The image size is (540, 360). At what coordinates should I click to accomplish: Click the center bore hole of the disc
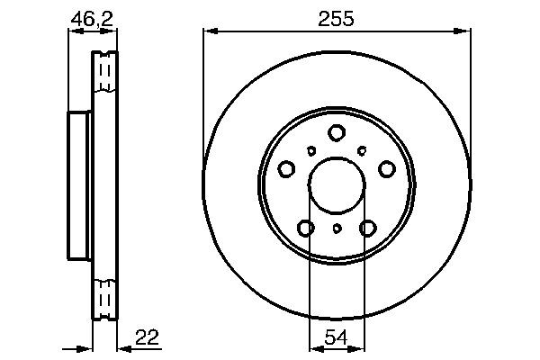point(337,186)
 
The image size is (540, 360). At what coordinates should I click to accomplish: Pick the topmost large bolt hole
point(337,132)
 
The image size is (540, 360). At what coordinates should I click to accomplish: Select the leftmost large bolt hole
point(286,168)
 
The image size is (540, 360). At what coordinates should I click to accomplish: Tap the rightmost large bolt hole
point(387,168)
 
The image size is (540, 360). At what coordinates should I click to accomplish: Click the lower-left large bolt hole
point(306,229)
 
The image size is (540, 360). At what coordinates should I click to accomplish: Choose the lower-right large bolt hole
point(367,229)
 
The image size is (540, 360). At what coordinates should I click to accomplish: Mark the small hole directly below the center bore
point(337,229)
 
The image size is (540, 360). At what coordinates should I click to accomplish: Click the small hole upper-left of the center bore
point(311,151)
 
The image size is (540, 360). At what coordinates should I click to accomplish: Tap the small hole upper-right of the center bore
point(362,151)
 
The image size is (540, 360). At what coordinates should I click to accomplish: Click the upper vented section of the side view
point(105,72)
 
